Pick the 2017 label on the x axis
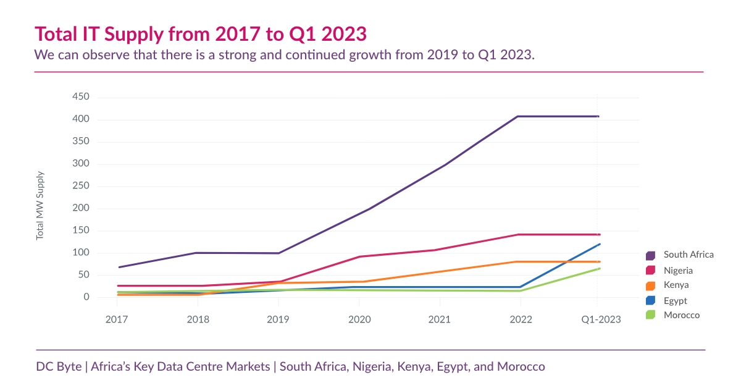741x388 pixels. [x=117, y=319]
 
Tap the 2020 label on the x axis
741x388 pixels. [x=359, y=319]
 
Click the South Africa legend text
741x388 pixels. [x=689, y=255]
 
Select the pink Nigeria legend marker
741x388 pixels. [x=650, y=271]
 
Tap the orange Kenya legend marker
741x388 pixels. [x=650, y=285]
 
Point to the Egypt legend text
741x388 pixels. [x=676, y=301]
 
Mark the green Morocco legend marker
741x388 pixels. [x=650, y=315]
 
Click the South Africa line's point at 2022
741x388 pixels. [x=518, y=116]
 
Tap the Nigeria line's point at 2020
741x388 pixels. [x=359, y=256]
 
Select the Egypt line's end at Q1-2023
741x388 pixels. [x=599, y=244]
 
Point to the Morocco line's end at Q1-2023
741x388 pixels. [x=599, y=268]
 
